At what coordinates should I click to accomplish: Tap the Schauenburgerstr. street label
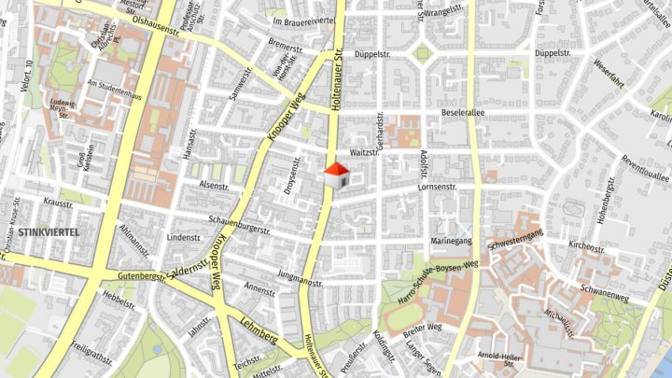(x=239, y=229)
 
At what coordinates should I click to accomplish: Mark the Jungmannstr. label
(x=300, y=276)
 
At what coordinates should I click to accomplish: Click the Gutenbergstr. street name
(x=142, y=276)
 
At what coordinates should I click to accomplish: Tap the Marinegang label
(x=451, y=241)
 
